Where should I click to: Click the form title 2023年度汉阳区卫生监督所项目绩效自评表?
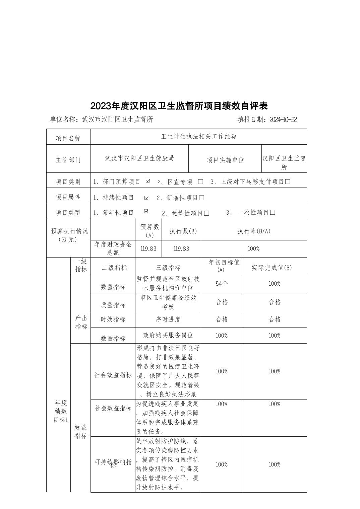pyautogui.click(x=179, y=106)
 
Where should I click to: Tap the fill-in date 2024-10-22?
pyautogui.click(x=283, y=120)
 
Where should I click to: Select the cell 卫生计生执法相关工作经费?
pyautogui.click(x=198, y=137)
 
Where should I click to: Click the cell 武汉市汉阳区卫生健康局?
pyautogui.click(x=139, y=158)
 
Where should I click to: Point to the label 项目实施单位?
pyautogui.click(x=225, y=160)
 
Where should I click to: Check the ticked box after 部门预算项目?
pyautogui.click(x=147, y=181)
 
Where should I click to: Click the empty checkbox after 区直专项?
pyautogui.click(x=200, y=182)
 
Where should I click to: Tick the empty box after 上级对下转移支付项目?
pyautogui.click(x=287, y=182)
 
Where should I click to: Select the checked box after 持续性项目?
pyautogui.click(x=146, y=198)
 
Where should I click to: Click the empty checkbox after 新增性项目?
pyautogui.click(x=201, y=198)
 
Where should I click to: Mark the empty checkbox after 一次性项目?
pyautogui.click(x=273, y=213)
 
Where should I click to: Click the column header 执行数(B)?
pyautogui.click(x=183, y=231)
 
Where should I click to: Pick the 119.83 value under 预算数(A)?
pyautogui.click(x=148, y=249)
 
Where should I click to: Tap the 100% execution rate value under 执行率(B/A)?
pyautogui.click(x=253, y=249)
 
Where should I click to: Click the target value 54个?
pyautogui.click(x=222, y=284)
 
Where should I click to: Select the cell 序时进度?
pyautogui.click(x=168, y=319)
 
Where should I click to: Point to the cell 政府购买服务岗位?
pyautogui.click(x=168, y=335)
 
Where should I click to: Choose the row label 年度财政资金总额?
pyautogui.click(x=113, y=248)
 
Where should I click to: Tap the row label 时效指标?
pyautogui.click(x=113, y=319)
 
